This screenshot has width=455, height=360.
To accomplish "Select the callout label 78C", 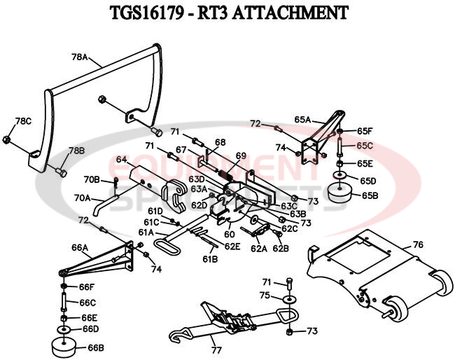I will click(23, 120).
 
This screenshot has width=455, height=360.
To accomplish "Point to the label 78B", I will click(76, 151).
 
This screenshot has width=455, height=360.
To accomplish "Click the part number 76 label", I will click(418, 244).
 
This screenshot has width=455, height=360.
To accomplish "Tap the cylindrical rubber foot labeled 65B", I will click(339, 193).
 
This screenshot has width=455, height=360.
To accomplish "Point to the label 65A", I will click(302, 120).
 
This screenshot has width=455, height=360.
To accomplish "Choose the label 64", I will click(120, 160).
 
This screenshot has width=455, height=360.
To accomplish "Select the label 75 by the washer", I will click(265, 296).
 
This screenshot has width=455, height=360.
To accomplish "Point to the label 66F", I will click(86, 287).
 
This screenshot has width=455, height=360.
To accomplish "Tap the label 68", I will click(220, 142).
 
